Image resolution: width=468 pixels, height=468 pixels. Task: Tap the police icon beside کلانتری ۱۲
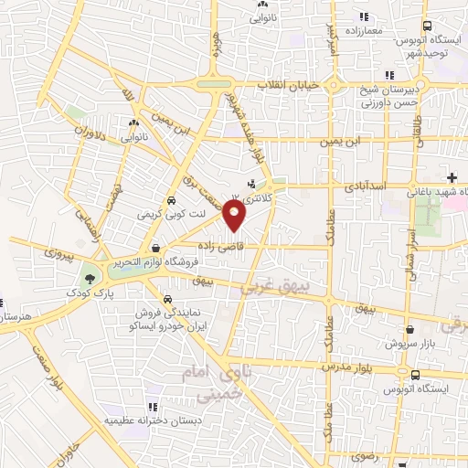point(250,183)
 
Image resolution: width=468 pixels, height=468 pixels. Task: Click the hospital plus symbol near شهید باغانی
point(452,176)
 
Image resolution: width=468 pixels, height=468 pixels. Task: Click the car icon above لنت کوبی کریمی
point(171,201)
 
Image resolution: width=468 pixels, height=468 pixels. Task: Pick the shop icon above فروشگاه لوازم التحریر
point(156,248)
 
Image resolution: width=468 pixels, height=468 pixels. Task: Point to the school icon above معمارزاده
point(363,16)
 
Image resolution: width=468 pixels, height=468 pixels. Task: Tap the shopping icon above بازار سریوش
point(410,331)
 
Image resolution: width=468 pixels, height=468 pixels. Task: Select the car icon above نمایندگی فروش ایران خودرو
point(166,300)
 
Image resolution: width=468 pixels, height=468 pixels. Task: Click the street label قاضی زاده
point(220,247)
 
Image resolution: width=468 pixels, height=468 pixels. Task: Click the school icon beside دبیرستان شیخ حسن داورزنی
point(390,75)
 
